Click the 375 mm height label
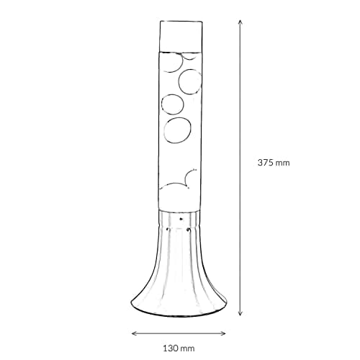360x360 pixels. pos(274,163)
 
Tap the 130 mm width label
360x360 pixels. pos(179,348)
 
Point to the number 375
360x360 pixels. pos(266,163)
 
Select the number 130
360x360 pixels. pos(171,348)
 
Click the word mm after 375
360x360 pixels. pos(283,163)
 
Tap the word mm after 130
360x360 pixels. pos(188,349)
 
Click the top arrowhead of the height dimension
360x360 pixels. pos(240,22)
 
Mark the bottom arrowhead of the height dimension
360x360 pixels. pos(240,313)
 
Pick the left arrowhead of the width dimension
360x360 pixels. pos(135,333)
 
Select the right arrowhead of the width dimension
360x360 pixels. pos(223,333)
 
